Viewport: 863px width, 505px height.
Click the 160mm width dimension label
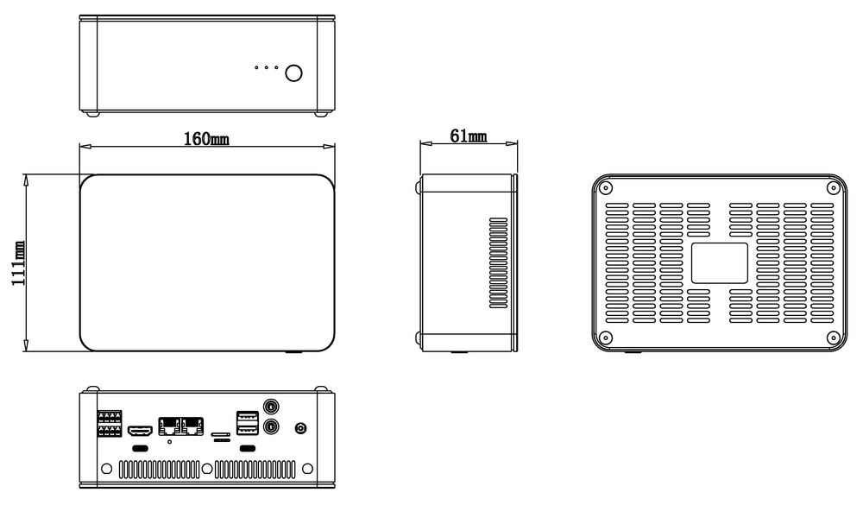click(x=206, y=139)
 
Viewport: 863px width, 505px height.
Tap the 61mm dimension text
click(x=469, y=136)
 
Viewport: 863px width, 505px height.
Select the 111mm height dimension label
click(x=18, y=263)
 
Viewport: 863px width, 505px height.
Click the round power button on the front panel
click(x=294, y=73)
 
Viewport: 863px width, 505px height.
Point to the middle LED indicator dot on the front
click(x=267, y=67)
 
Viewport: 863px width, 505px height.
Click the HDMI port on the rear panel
click(x=140, y=430)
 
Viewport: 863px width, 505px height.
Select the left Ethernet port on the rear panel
click(x=169, y=426)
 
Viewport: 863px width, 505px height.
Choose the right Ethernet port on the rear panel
click(x=192, y=426)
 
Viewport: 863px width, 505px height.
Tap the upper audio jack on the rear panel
click(x=271, y=407)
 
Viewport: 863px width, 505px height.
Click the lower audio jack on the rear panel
click(x=271, y=426)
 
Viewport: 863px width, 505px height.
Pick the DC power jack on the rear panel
click(x=301, y=428)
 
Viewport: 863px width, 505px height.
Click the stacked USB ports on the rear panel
click(x=248, y=423)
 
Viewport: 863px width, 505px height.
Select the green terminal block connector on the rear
click(x=110, y=424)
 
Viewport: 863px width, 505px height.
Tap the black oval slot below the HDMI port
click(x=141, y=448)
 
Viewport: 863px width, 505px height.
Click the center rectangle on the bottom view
click(x=720, y=263)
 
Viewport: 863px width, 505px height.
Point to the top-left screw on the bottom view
click(x=606, y=188)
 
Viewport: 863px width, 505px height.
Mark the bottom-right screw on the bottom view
click(x=834, y=338)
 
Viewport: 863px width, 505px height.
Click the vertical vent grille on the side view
click(x=499, y=262)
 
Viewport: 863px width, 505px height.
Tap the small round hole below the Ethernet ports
click(x=169, y=442)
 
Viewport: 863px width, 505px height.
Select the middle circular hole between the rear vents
click(x=207, y=469)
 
